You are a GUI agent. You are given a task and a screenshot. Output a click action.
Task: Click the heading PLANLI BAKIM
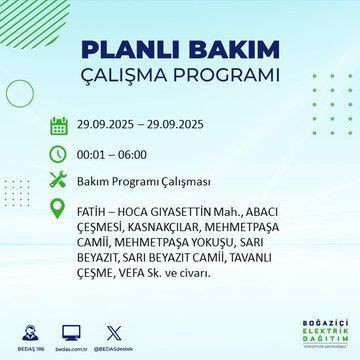point(180,51)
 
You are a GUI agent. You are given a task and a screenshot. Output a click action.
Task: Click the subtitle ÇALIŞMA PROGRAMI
point(180,77)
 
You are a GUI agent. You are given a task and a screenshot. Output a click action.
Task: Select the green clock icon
point(58,156)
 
